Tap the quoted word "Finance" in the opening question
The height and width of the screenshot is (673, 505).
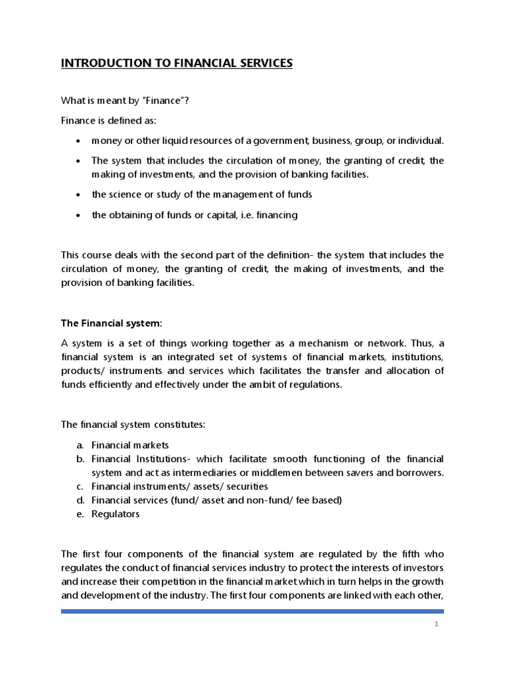pyautogui.click(x=154, y=100)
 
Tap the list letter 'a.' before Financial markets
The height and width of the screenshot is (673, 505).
pyautogui.click(x=79, y=445)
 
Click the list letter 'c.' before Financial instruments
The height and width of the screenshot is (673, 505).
pyautogui.click(x=79, y=486)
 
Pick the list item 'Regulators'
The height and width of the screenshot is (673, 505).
pyautogui.click(x=115, y=514)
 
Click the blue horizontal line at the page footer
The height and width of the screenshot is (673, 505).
pyautogui.click(x=252, y=612)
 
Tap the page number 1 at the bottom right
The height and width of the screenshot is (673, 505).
pyautogui.click(x=436, y=624)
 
